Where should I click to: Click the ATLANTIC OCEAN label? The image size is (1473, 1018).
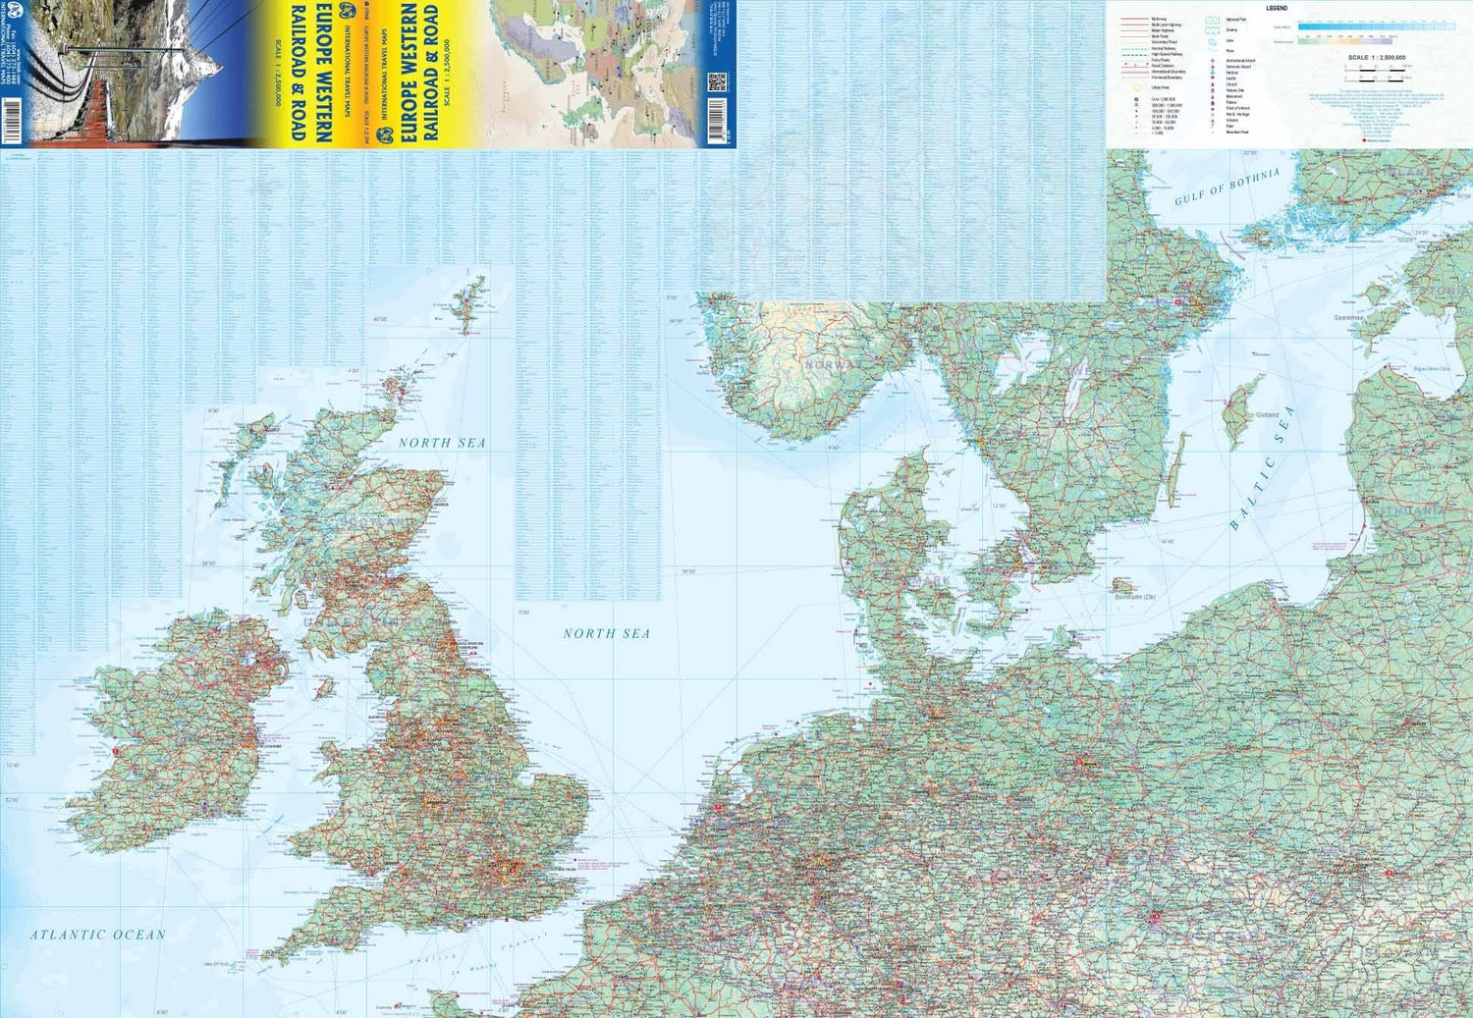click(97, 935)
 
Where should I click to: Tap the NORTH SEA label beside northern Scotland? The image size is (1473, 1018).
click(442, 443)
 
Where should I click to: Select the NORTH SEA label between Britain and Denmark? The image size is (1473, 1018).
click(606, 633)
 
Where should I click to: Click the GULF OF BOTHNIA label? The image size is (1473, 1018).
click(1227, 186)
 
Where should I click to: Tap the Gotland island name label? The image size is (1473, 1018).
click(1267, 415)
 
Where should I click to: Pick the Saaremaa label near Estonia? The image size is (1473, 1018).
click(1347, 318)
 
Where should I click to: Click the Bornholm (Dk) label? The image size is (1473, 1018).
click(1134, 597)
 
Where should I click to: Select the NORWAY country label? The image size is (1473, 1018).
click(831, 364)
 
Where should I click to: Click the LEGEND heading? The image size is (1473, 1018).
click(1277, 8)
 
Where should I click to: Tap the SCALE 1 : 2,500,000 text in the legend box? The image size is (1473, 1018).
click(1377, 58)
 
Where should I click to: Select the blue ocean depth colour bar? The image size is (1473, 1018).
click(1375, 27)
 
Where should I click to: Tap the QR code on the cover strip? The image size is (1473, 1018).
click(716, 81)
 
